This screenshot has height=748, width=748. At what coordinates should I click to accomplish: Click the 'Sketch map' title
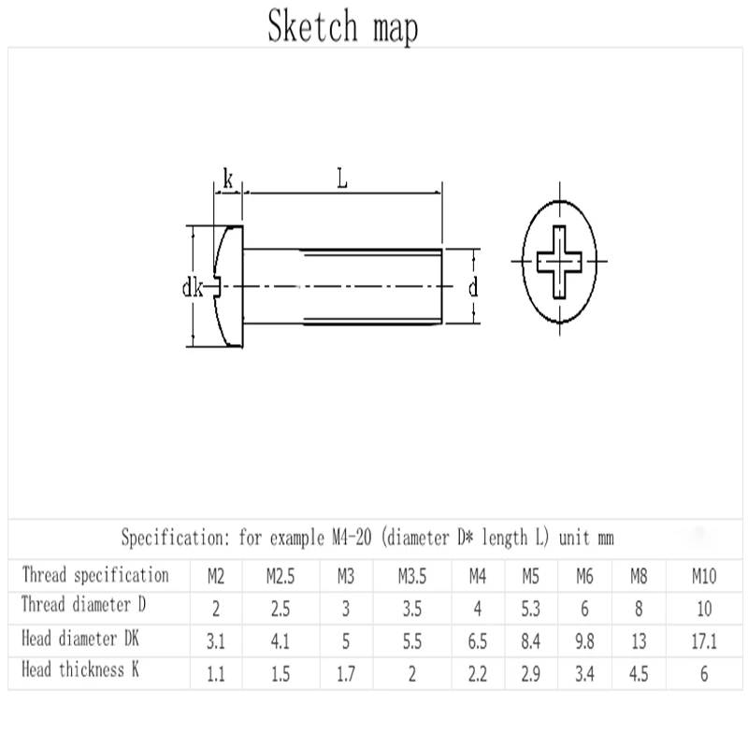tap(342, 26)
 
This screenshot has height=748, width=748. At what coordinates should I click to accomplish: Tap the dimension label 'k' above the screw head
tap(228, 180)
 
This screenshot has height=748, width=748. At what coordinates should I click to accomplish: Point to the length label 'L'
tap(342, 179)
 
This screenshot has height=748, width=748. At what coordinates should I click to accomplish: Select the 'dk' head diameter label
tap(193, 288)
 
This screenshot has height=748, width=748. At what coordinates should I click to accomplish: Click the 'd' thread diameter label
tap(473, 288)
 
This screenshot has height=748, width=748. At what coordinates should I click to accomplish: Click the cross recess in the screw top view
tap(559, 262)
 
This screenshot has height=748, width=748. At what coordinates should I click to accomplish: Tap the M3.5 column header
tap(412, 576)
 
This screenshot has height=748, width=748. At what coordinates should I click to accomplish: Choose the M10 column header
tap(704, 576)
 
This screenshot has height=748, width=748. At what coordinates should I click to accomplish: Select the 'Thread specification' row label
tap(95, 575)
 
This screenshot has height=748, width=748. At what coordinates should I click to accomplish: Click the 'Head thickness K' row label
tap(80, 669)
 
